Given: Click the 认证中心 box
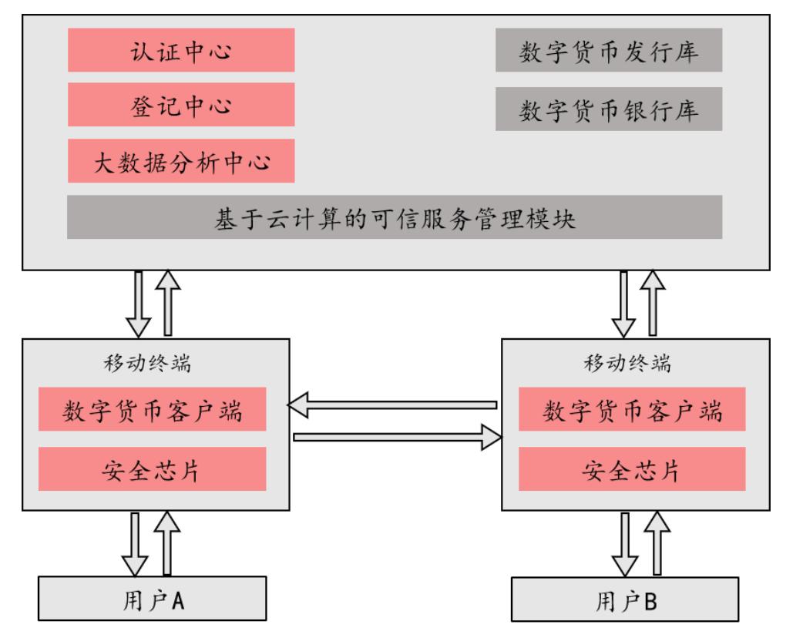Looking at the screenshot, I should point(181,50).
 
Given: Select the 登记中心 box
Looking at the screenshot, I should point(181,105).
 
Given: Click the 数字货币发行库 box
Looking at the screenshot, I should point(609,50).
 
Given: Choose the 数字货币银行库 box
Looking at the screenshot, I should point(609,109).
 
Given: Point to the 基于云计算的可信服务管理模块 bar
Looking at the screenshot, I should point(395,217).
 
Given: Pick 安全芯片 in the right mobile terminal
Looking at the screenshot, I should point(632,469).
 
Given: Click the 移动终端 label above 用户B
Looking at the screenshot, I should point(626,362).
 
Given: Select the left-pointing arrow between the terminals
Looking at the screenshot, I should point(393,405).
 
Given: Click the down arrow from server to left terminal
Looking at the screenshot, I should point(139,303).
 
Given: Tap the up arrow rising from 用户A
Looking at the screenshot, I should point(168,544).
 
